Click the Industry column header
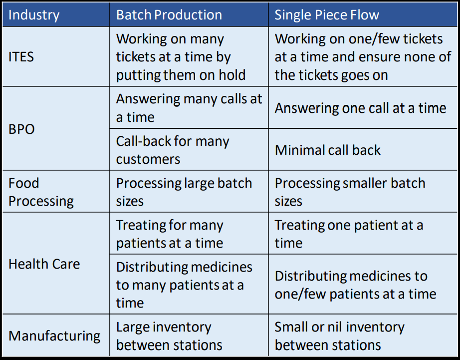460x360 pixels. click(x=34, y=15)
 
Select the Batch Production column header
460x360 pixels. click(x=169, y=15)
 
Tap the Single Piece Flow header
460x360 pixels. click(x=327, y=15)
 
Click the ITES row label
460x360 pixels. click(x=21, y=57)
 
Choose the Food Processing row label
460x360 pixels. click(x=41, y=192)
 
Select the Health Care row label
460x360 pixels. click(x=44, y=264)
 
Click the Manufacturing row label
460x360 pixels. click(x=54, y=336)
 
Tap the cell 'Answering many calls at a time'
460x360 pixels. click(x=189, y=108)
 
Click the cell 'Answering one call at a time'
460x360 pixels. click(x=360, y=108)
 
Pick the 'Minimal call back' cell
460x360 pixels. click(x=328, y=150)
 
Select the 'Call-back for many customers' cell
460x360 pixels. click(x=173, y=150)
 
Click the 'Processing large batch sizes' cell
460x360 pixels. click(x=184, y=192)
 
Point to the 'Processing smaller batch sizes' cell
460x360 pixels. click(x=350, y=192)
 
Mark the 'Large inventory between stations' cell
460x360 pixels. click(x=169, y=336)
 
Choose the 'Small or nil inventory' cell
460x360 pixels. click(x=339, y=336)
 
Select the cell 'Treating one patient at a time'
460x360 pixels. click(x=349, y=234)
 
